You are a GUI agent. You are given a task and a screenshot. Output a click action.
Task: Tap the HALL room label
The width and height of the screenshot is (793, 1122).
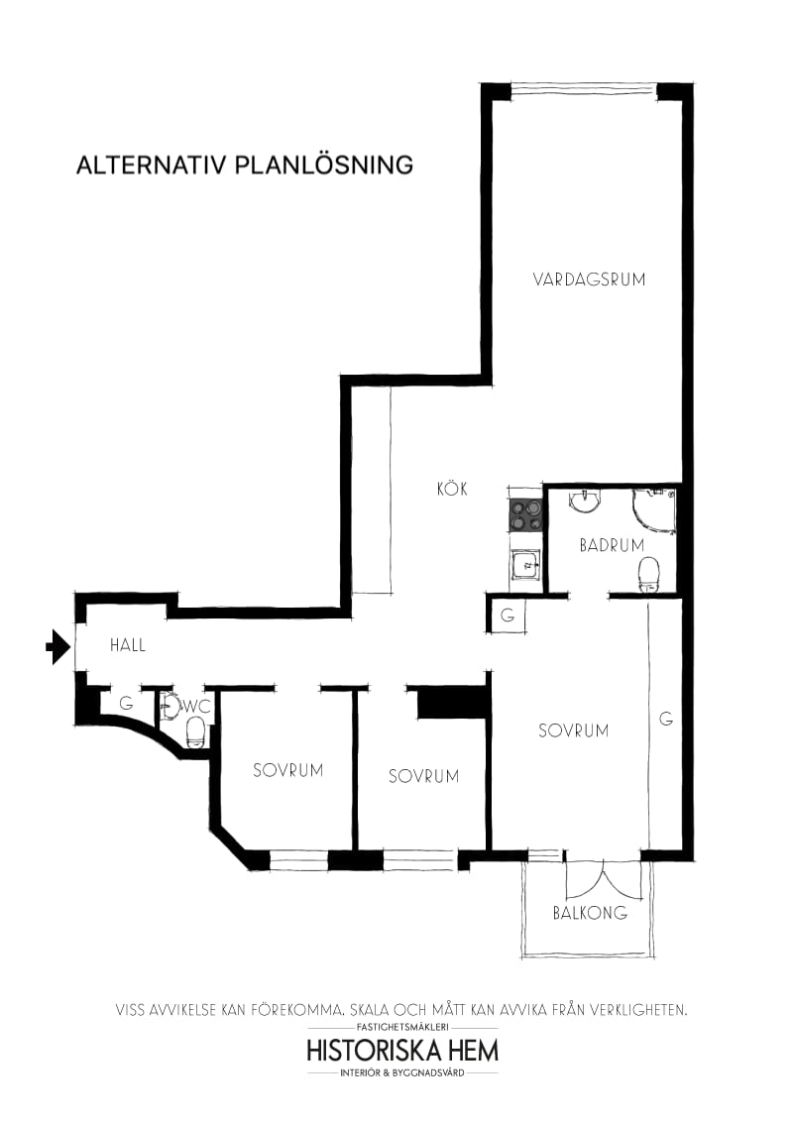click(x=128, y=645)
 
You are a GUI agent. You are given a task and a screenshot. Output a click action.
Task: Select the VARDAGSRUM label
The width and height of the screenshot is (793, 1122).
click(x=589, y=280)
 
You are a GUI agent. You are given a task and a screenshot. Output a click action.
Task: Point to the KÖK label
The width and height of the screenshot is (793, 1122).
click(x=452, y=489)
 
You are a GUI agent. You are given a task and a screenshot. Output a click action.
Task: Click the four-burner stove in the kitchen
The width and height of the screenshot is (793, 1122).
click(x=525, y=515)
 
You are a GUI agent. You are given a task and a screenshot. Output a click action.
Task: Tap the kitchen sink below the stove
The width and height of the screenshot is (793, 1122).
click(x=524, y=566)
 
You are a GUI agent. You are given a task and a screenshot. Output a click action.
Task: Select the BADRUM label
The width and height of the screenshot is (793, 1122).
click(x=612, y=545)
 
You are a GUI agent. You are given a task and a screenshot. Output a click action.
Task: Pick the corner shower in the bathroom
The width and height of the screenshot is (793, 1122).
click(x=654, y=507)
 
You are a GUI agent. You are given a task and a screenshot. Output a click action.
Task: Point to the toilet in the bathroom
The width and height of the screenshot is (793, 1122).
click(x=649, y=574)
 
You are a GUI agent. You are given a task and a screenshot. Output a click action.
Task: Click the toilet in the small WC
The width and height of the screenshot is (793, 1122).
click(x=195, y=732)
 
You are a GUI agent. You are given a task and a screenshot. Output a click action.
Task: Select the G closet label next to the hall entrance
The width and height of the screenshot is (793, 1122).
click(x=126, y=703)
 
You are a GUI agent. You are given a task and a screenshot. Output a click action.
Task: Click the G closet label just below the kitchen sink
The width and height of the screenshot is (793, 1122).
click(x=508, y=616)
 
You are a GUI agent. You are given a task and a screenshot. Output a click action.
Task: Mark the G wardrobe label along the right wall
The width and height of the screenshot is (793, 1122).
click(x=666, y=719)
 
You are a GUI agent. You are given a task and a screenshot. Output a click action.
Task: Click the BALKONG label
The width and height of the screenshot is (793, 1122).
click(x=590, y=913)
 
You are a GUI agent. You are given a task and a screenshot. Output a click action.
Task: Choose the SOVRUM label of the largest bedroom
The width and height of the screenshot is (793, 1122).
click(x=573, y=730)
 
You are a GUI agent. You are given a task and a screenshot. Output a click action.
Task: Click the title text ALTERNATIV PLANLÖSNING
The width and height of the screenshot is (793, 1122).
click(x=245, y=165)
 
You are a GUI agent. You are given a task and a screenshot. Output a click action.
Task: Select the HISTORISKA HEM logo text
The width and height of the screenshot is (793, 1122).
click(x=402, y=1050)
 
